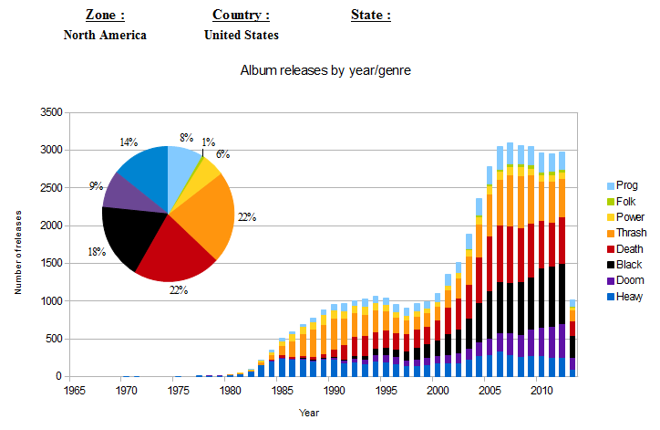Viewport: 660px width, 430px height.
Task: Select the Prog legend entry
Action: [x=627, y=184]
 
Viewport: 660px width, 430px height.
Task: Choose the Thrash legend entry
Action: [x=630, y=233]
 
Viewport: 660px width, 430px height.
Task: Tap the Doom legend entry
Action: [x=629, y=281]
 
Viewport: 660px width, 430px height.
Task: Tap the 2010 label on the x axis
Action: [x=541, y=391]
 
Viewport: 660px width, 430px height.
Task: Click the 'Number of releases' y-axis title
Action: [x=18, y=251]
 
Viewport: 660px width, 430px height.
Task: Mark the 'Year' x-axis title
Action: [x=310, y=413]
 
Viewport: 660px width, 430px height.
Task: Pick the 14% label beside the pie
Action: [x=128, y=142]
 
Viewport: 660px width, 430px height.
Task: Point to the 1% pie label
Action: [x=209, y=142]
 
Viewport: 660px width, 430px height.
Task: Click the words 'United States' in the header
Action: [x=242, y=36]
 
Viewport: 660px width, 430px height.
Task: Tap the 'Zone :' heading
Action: [x=105, y=16]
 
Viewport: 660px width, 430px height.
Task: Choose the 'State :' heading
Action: [x=371, y=16]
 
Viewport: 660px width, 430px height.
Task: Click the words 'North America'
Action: [x=105, y=36]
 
